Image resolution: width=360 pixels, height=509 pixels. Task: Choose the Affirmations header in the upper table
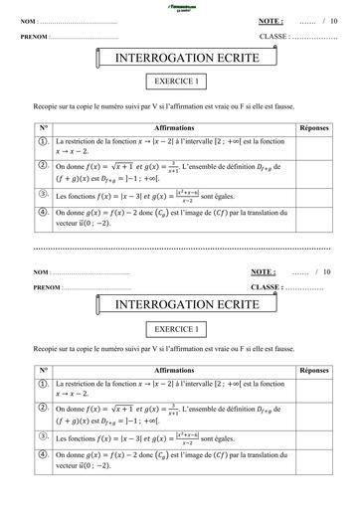[x=168, y=128]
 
